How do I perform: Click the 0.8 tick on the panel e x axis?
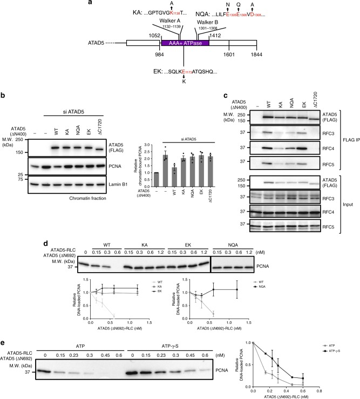[352, 389]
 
